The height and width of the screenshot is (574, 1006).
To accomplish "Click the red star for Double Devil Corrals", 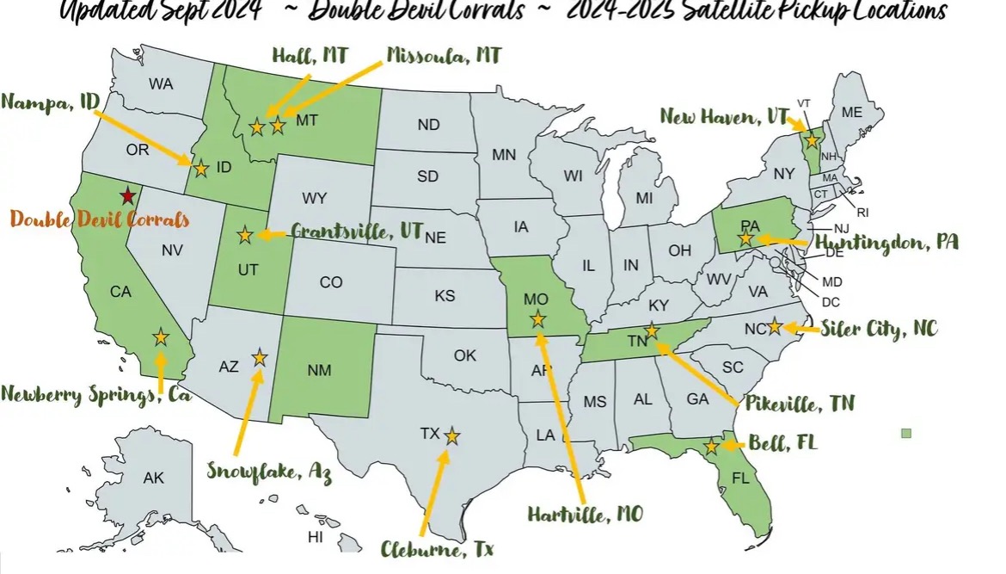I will (127, 195).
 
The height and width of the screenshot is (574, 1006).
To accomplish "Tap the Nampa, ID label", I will (51, 102).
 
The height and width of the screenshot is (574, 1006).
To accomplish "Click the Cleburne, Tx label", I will (439, 547).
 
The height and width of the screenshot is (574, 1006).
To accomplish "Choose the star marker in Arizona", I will (259, 357).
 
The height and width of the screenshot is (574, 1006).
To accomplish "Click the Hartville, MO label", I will (585, 515).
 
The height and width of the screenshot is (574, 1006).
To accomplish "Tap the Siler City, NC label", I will (879, 328).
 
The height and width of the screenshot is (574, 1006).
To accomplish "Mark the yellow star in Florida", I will (711, 447).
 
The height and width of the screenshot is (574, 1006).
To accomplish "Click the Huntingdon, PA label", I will (886, 243).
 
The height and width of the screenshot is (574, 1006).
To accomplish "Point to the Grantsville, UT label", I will (356, 232).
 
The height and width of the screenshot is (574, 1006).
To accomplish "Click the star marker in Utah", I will (245, 234).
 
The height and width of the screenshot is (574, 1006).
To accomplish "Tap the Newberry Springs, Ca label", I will (96, 394).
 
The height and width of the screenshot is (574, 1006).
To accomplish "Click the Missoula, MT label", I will (444, 56).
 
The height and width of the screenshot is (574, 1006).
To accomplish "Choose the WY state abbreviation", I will (314, 199).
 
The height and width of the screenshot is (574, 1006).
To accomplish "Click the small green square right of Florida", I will (905, 433).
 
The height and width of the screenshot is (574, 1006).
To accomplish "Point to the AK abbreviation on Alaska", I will (153, 478).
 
